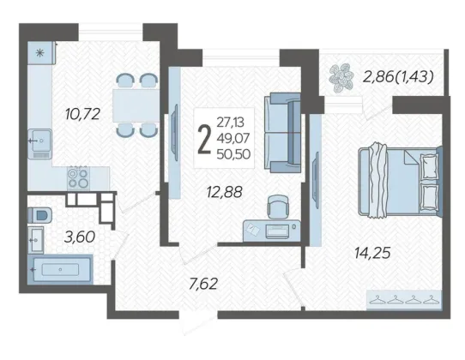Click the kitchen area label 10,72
click(x=82, y=114)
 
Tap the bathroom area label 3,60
click(x=80, y=237)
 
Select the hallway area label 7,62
click(x=203, y=284)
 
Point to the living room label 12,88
click(x=225, y=192)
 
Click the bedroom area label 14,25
click(x=372, y=253)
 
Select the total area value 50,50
click(x=233, y=154)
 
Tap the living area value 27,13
click(x=231, y=122)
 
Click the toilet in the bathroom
click(x=39, y=215)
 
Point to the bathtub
click(x=61, y=269)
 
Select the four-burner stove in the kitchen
click(x=78, y=177)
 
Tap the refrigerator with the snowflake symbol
click(x=41, y=53)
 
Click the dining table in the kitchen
click(x=136, y=105)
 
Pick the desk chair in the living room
click(x=278, y=207)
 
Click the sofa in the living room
click(x=282, y=133)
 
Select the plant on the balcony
click(x=341, y=78)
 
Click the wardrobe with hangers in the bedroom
click(x=404, y=299)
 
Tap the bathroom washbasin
click(x=36, y=240)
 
